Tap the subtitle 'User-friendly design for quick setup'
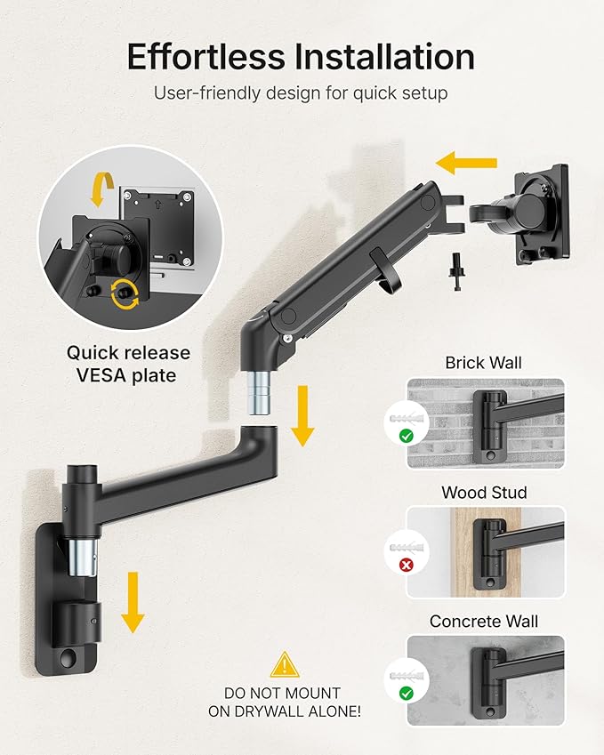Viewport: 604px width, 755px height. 301,93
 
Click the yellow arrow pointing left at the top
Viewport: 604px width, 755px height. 466,163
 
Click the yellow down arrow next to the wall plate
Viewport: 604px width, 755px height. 133,601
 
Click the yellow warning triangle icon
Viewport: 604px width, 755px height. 284,664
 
